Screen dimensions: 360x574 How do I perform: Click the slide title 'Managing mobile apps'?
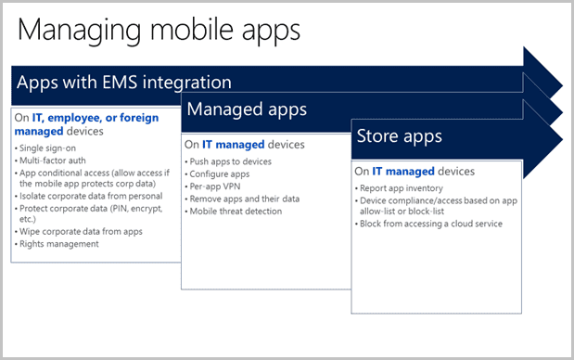pyautogui.click(x=159, y=29)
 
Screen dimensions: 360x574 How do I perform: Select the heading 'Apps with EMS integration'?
pyautogui.click(x=123, y=83)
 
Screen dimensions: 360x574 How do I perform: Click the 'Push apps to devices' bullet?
pyautogui.click(x=230, y=161)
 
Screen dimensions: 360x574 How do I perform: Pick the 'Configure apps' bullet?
pyautogui.click(x=221, y=174)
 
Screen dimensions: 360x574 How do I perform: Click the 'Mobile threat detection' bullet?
pyautogui.click(x=236, y=211)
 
